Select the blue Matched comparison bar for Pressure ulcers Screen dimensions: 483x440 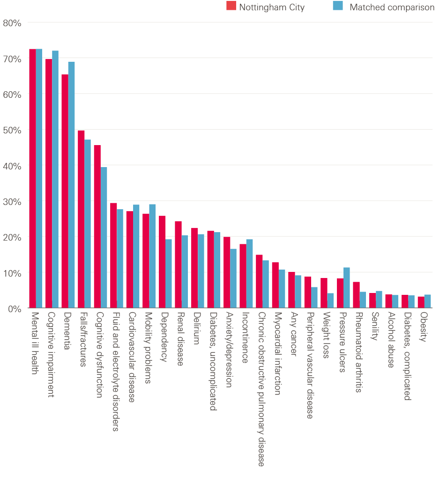pos(347,287)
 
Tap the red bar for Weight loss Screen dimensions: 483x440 pos(324,293)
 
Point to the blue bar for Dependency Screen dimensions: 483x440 pos(169,273)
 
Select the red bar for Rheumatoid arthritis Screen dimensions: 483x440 pos(356,294)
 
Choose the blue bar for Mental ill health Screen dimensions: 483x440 pos(39,178)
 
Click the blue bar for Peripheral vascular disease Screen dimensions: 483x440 pos(314,297)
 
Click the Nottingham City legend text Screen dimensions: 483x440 pos(272,7)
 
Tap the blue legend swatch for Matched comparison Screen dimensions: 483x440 pos(337,6)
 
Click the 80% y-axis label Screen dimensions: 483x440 pos(12,22)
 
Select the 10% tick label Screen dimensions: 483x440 pos(12,272)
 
